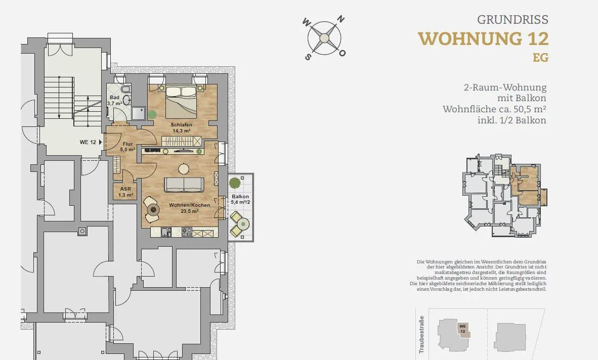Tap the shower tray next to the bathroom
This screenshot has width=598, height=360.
click(x=139, y=112)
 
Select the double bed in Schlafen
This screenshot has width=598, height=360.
click(x=181, y=102)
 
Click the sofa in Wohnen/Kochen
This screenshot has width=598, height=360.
click(x=184, y=185)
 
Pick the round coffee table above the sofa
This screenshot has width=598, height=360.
click(x=184, y=168)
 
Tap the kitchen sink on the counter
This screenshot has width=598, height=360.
click(x=166, y=232)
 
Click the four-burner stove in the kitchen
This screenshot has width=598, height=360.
click(x=187, y=232)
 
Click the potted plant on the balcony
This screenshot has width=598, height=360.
click(x=235, y=183)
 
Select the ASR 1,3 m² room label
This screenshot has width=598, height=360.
click(x=125, y=192)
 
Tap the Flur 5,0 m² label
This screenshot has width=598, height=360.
click(x=128, y=147)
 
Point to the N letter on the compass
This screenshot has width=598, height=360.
click(x=341, y=19)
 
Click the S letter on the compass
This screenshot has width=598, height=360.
click(x=308, y=57)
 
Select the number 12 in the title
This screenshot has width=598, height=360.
click(x=538, y=39)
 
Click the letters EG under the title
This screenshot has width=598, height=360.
click(x=540, y=58)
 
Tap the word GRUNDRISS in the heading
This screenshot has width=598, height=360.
click(x=512, y=19)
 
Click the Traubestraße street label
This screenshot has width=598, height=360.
click(x=421, y=334)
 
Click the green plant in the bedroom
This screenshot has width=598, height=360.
click(x=153, y=114)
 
